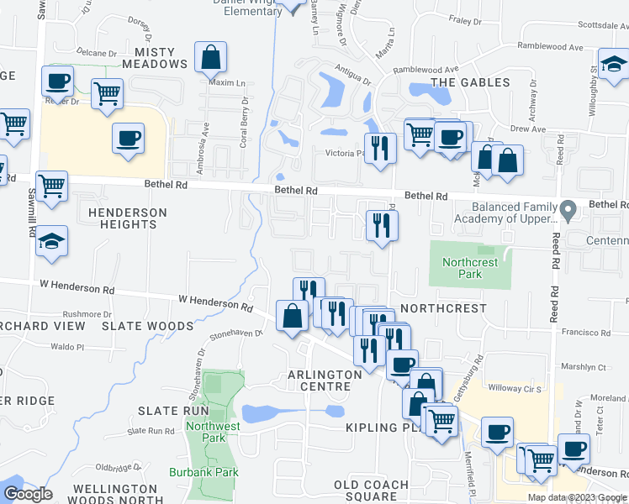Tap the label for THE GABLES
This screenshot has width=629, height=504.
[x=470, y=82]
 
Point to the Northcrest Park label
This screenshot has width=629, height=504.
[x=470, y=268]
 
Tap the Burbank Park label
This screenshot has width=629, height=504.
[x=203, y=472]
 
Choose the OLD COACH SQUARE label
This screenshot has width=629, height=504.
[x=371, y=491]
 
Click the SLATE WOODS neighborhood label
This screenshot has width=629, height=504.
[x=147, y=325]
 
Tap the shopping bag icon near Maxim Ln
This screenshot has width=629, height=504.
[x=210, y=58]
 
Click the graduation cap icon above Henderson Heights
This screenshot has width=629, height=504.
[x=52, y=242]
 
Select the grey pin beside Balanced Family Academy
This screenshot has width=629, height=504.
[x=569, y=207]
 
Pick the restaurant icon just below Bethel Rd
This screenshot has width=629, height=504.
[x=382, y=224]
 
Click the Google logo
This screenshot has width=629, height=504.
[x=28, y=493]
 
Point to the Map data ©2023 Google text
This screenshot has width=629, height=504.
[x=578, y=497]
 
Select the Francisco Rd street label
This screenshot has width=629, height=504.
[x=585, y=333]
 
